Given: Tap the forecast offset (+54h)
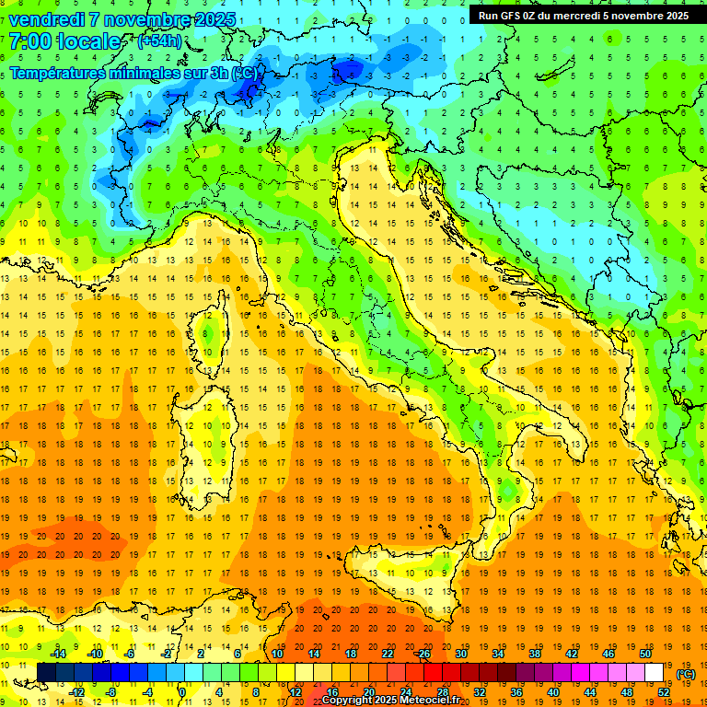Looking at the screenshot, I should [158, 41].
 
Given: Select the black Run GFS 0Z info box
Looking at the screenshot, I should [583, 16].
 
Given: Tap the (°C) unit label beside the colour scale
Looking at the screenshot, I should [686, 674].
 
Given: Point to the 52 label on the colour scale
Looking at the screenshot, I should [664, 692].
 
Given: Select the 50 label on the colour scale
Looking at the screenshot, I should [645, 654].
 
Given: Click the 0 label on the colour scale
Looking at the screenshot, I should [182, 692].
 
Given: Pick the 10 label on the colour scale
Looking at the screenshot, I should [277, 654].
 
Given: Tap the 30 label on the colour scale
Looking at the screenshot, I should [461, 654].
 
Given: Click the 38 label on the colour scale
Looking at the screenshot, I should [535, 654].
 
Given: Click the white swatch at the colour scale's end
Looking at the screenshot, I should [655, 673].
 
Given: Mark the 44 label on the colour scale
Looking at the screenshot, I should [590, 692].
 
